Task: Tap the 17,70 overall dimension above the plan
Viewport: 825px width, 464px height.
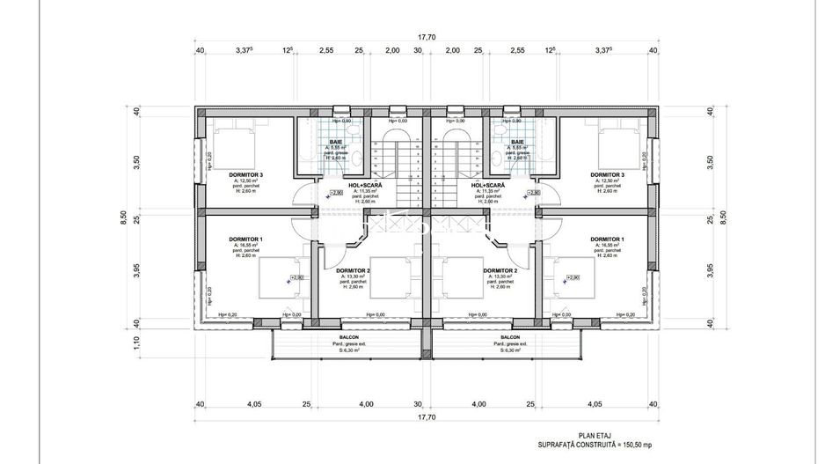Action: [427, 37]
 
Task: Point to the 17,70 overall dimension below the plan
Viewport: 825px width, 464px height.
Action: [427, 417]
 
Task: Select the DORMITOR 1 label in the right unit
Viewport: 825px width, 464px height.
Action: [607, 239]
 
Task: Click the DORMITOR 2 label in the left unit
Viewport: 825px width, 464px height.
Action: [354, 270]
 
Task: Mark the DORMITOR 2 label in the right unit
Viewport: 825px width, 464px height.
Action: [499, 270]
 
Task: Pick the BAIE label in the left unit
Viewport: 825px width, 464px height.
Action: [336, 142]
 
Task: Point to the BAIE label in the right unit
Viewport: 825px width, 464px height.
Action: [517, 142]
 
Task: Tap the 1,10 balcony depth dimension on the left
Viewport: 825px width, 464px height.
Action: [136, 342]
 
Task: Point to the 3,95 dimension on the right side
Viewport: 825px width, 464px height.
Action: [711, 271]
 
